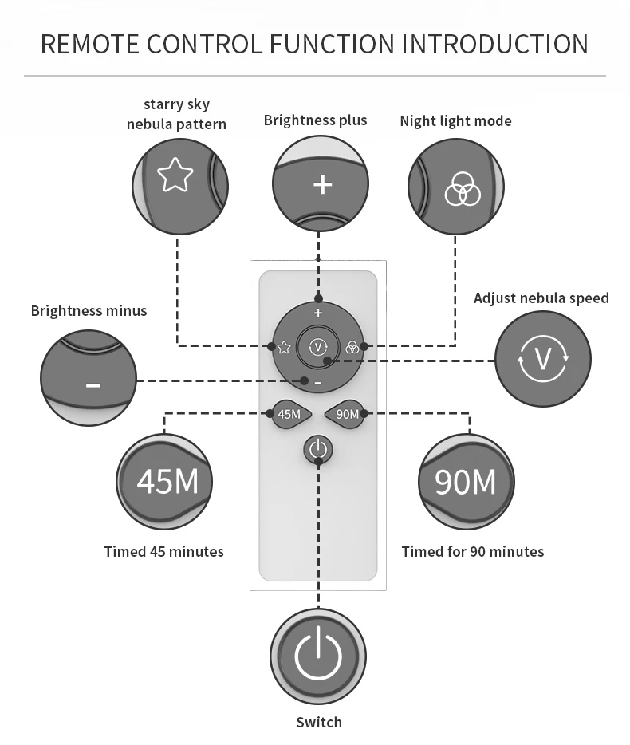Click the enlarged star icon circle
pos(179,187)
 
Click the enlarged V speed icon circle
pos(543,358)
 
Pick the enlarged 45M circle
pos(165,481)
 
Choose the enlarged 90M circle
pos(467,481)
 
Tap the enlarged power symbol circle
pos(318,656)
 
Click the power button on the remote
pos(317,449)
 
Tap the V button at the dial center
pos(317,347)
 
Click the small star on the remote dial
pos(284,347)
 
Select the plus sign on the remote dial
pos(318,313)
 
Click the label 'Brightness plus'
pos(315,120)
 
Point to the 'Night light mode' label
pos(455,120)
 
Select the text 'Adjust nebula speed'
pos(541,298)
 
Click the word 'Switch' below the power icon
pos(319,722)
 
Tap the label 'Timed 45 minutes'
pos(164,551)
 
